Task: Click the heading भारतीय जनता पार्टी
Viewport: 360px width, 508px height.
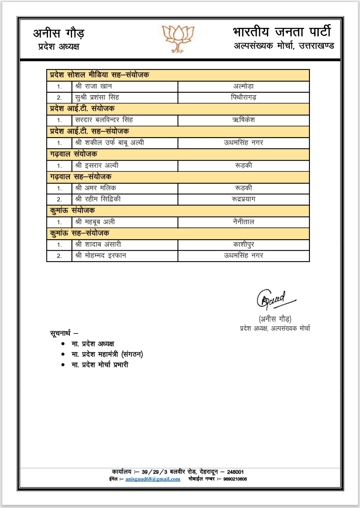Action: pyautogui.click(x=282, y=32)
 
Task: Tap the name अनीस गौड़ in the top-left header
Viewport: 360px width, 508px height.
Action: pyautogui.click(x=59, y=34)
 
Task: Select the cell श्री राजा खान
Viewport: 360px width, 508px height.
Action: pyautogui.click(x=94, y=86)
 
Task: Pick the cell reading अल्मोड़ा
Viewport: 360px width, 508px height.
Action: pyautogui.click(x=244, y=86)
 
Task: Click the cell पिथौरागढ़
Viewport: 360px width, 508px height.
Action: pyautogui.click(x=244, y=98)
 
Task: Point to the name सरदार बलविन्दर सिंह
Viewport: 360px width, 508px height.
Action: pyautogui.click(x=104, y=120)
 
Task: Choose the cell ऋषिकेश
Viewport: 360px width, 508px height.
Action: pyautogui.click(x=244, y=120)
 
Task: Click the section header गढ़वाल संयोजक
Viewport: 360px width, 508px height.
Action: pyautogui.click(x=73, y=154)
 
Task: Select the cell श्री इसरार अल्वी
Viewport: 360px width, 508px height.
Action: pyautogui.click(x=97, y=165)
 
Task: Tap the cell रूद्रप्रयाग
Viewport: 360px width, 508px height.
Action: pyautogui.click(x=244, y=199)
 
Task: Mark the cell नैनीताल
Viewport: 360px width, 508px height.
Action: pyautogui.click(x=244, y=222)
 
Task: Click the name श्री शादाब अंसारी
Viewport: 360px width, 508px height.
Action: pyautogui.click(x=98, y=244)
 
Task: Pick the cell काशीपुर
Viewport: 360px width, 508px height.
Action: pyautogui.click(x=244, y=244)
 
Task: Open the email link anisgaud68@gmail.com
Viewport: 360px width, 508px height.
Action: pyautogui.click(x=153, y=479)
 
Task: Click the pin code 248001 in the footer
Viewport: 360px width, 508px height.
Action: pyautogui.click(x=235, y=472)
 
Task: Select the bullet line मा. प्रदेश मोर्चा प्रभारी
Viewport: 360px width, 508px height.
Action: pyautogui.click(x=100, y=365)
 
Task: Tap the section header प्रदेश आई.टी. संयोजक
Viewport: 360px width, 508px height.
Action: pyautogui.click(x=82, y=109)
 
